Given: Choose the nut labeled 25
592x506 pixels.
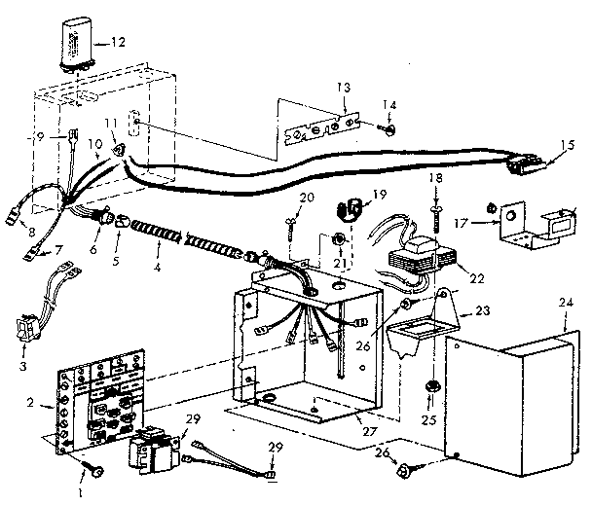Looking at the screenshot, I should pyautogui.click(x=428, y=390).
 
